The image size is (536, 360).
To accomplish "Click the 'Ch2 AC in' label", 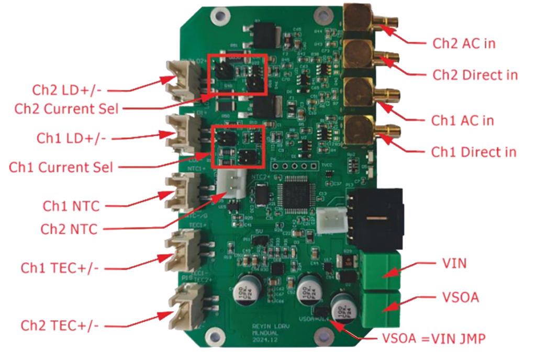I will pyautogui.click(x=463, y=43).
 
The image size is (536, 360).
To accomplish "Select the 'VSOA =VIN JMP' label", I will pyautogui.click(x=431, y=339).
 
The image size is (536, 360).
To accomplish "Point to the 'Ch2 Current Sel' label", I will pyautogui.click(x=66, y=109).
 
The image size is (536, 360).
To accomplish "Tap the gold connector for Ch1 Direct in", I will pyautogui.click(x=359, y=129).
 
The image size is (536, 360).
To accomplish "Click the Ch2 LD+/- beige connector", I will pyautogui.click(x=181, y=80).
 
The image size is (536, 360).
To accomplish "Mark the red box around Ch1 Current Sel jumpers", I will pyautogui.click(x=238, y=147).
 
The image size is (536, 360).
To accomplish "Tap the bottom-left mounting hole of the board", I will pyautogui.click(x=213, y=335).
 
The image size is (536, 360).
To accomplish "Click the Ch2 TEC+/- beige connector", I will pyautogui.click(x=181, y=305).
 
